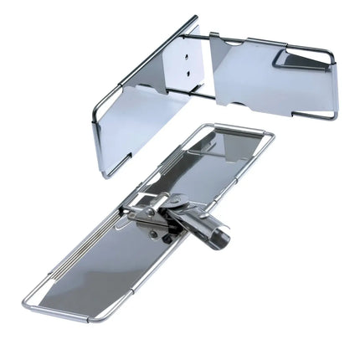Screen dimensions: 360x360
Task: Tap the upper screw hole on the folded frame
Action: tap(188, 56)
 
